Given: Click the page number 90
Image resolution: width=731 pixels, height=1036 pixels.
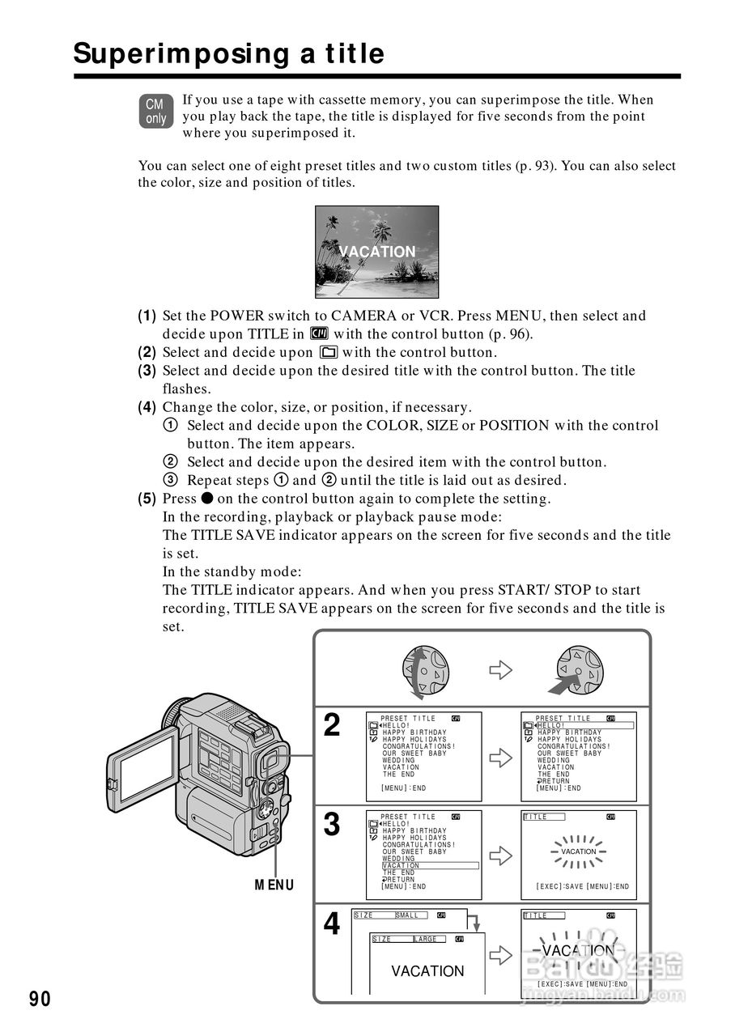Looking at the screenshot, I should point(40,999).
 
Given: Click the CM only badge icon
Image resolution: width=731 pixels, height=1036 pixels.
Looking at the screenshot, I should point(155,112).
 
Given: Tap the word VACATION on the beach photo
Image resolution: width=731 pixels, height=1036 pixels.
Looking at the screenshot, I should point(377,252).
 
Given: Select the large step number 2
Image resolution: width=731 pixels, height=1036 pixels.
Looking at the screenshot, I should point(332,726).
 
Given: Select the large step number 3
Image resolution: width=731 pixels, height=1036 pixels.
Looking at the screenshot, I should point(332,825).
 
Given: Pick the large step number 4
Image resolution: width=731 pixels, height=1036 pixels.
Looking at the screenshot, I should point(332,923).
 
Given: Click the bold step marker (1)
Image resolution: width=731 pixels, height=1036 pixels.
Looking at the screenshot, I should point(147,316).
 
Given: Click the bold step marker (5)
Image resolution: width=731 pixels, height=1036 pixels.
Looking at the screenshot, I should point(147,499).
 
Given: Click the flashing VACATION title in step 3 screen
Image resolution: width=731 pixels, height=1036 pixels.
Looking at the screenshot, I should point(578,851).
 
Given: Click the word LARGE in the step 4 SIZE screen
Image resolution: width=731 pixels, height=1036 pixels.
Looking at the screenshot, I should point(426,940).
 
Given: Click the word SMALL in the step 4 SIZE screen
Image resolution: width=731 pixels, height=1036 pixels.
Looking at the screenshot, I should point(407,915).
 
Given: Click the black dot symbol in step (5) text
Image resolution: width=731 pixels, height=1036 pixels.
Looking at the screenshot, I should point(207,499).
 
